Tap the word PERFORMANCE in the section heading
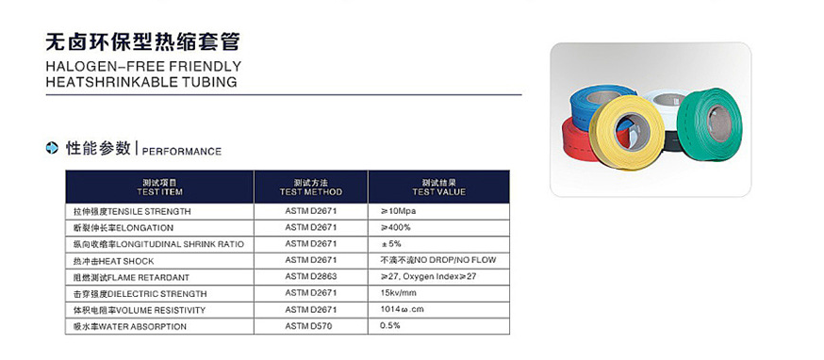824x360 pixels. tap(183, 151)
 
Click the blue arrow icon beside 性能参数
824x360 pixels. tap(53, 148)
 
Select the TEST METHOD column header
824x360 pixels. tap(310, 186)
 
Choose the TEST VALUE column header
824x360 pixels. tap(438, 186)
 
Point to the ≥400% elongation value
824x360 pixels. tap(395, 227)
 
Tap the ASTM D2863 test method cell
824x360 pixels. tap(310, 277)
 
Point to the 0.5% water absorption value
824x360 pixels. tap(389, 326)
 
